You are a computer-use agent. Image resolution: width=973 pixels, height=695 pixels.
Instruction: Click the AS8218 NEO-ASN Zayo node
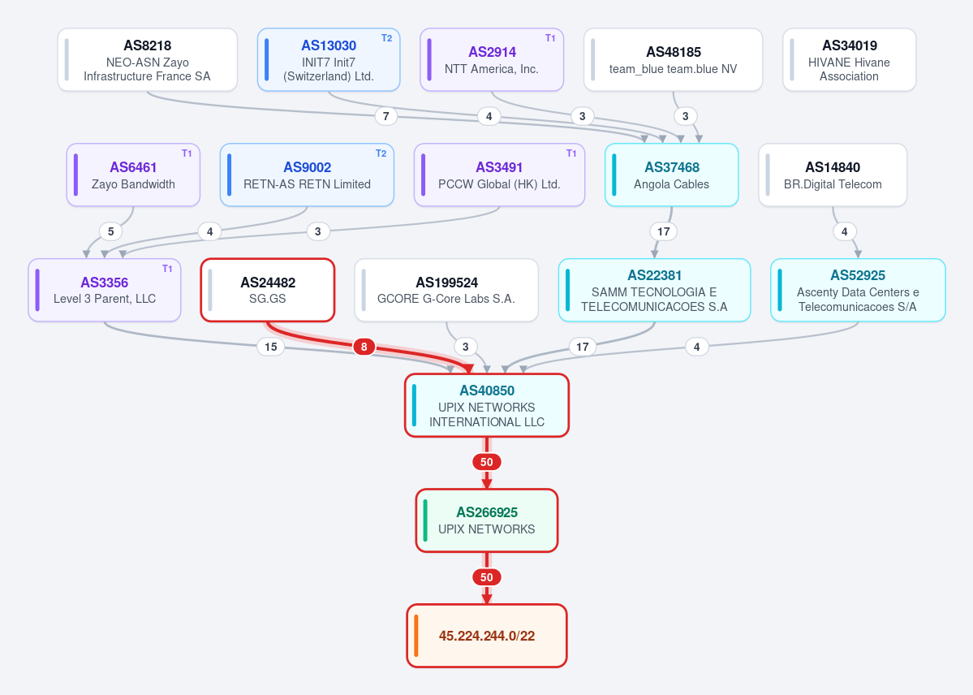(148, 59)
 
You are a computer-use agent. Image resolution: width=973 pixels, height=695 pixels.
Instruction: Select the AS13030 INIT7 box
(329, 59)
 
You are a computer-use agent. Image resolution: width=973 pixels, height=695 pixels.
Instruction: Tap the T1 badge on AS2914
(549, 38)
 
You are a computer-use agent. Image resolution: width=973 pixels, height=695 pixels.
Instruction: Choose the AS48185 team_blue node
(673, 59)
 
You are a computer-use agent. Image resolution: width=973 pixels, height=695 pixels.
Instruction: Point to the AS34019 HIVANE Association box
(849, 59)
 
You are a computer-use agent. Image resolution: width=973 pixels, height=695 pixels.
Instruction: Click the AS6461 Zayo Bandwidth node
(133, 175)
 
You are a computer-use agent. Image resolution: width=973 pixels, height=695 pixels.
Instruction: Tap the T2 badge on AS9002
(381, 153)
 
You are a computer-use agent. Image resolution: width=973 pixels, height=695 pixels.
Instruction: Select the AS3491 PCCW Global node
(499, 175)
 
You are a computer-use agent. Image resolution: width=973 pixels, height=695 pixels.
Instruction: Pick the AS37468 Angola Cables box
(671, 175)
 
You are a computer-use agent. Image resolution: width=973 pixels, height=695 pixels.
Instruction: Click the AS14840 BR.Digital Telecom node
(833, 175)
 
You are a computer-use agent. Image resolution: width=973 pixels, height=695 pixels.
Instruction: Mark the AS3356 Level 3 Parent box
(104, 290)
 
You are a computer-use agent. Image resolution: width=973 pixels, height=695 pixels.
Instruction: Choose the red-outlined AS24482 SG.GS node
(268, 290)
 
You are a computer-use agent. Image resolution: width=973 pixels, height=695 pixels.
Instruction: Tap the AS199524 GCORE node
(446, 290)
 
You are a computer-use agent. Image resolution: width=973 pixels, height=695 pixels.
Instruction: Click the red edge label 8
(364, 347)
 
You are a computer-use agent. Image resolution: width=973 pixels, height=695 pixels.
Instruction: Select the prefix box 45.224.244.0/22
(487, 636)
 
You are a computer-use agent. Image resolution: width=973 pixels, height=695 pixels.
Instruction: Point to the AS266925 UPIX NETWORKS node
(487, 520)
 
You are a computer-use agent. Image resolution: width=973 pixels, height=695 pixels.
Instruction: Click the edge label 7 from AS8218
(386, 116)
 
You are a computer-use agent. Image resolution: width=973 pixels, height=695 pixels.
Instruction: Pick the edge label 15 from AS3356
(270, 347)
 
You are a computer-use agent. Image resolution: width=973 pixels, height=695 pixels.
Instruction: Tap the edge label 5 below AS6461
(110, 231)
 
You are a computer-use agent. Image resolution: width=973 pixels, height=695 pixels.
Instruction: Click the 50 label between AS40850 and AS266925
(487, 462)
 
